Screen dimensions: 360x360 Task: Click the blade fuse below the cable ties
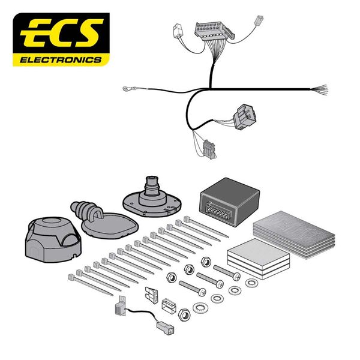151,296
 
